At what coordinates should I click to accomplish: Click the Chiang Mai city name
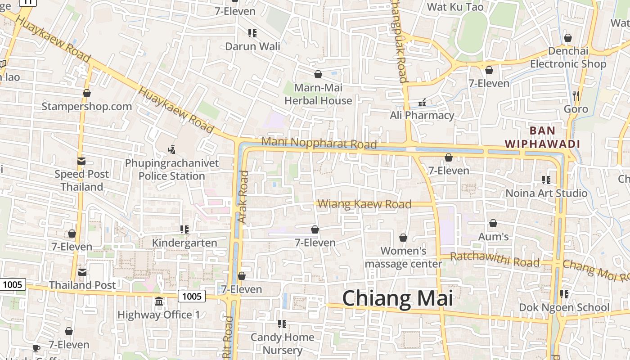click(397, 298)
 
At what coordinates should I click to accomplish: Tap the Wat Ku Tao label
click(455, 7)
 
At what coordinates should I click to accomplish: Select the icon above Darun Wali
click(252, 33)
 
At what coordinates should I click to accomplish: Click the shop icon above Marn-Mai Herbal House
click(318, 74)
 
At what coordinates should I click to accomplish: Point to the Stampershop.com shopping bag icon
click(87, 93)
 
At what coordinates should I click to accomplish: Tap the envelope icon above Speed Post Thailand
click(81, 161)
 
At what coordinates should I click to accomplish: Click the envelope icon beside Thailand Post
click(82, 272)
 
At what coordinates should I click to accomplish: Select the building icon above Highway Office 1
click(158, 301)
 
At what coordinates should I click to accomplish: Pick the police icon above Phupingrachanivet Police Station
click(171, 149)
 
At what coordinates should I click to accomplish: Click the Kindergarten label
click(184, 243)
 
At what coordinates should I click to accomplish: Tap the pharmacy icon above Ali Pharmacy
click(422, 103)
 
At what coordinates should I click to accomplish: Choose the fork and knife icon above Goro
click(576, 95)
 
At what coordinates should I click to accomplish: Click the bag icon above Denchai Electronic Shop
click(568, 38)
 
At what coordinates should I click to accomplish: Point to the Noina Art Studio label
click(546, 193)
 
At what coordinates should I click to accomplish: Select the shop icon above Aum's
click(493, 223)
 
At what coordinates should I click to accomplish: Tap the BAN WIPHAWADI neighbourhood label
click(542, 137)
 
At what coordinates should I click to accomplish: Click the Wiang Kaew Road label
click(364, 204)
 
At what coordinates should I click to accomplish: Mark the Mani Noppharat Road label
click(319, 143)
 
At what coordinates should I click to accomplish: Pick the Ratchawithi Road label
click(495, 260)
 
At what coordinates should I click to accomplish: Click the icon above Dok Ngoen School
click(564, 294)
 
